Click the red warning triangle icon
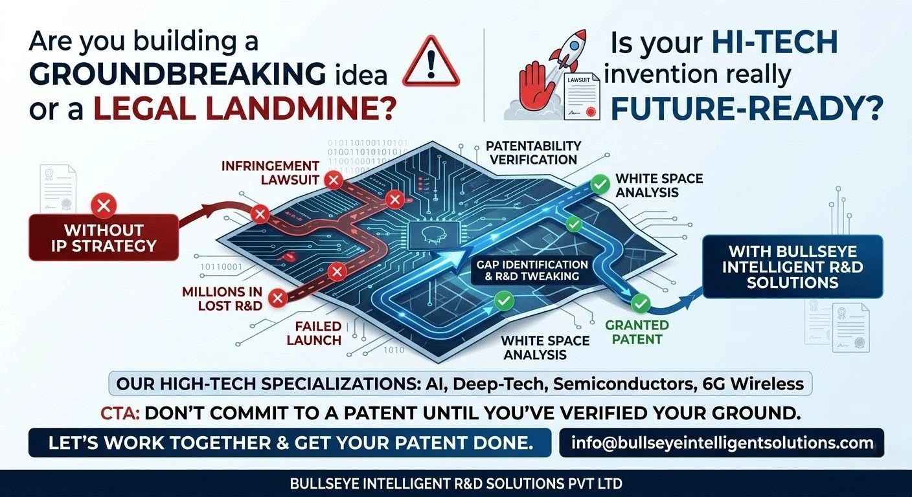pyautogui.click(x=431, y=62)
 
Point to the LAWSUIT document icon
pyautogui.click(x=582, y=97)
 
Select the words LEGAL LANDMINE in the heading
pyautogui.click(x=245, y=108)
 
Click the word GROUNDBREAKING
pyautogui.click(x=177, y=74)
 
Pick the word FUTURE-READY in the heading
pyautogui.click(x=747, y=108)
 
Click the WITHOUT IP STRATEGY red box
pyautogui.click(x=104, y=237)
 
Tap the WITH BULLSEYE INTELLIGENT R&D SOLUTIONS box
pyautogui.click(x=793, y=267)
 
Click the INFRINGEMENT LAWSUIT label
pyautogui.click(x=270, y=173)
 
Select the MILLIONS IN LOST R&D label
pyautogui.click(x=222, y=298)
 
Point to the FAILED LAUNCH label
pyautogui.click(x=314, y=333)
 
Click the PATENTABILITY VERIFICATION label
pyautogui.click(x=533, y=153)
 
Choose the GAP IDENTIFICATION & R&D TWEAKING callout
pyautogui.click(x=532, y=271)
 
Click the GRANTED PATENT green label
pyautogui.click(x=637, y=332)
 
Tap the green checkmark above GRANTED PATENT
pyautogui.click(x=641, y=304)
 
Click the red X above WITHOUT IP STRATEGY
pyautogui.click(x=104, y=205)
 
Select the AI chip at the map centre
pyautogui.click(x=434, y=236)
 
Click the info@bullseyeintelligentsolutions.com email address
pyautogui.click(x=722, y=443)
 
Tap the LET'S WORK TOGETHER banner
pyautogui.click(x=290, y=443)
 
